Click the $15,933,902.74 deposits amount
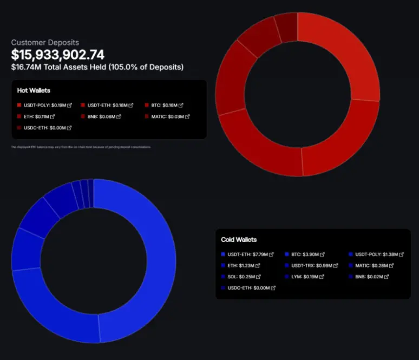coord(58,54)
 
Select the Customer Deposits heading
coord(45,42)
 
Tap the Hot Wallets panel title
coord(34,90)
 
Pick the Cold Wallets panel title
coord(239,239)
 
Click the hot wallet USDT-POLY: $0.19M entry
coord(44,105)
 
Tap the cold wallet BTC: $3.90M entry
coord(307,254)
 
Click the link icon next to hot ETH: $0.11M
coord(53,116)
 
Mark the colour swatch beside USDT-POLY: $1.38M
coord(350,254)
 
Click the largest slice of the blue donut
coord(157,260)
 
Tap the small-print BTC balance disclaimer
coord(81,147)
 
